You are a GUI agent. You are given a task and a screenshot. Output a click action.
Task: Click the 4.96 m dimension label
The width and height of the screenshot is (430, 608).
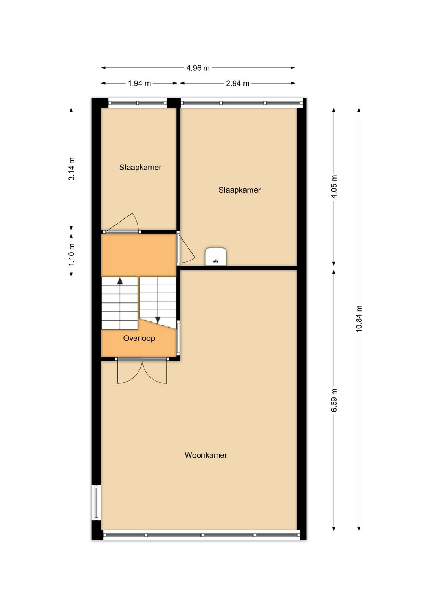pyautogui.click(x=198, y=68)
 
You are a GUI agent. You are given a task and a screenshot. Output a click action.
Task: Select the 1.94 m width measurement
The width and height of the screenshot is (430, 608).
pyautogui.click(x=139, y=83)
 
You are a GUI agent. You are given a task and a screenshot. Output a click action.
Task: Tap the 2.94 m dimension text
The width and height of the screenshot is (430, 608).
pyautogui.click(x=238, y=83)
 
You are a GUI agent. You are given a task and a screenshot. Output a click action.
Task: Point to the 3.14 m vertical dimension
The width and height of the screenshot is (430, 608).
pyautogui.click(x=71, y=169)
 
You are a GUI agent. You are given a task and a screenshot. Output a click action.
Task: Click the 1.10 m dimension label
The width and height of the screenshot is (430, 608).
pyautogui.click(x=71, y=255)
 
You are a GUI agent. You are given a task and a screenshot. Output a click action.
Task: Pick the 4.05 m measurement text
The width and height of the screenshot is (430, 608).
pyautogui.click(x=334, y=187)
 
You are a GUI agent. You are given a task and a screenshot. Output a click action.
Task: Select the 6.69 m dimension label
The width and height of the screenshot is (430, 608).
pyautogui.click(x=334, y=401)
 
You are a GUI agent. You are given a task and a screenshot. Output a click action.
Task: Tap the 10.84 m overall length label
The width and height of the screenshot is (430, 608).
pyautogui.click(x=359, y=319)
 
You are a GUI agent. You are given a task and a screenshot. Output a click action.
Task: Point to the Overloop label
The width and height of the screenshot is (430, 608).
pyautogui.click(x=139, y=338)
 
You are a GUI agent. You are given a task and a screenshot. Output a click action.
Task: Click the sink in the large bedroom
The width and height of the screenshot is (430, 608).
pyautogui.click(x=216, y=256)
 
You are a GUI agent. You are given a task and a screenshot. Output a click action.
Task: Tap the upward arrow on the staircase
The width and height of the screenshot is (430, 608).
pyautogui.click(x=120, y=281)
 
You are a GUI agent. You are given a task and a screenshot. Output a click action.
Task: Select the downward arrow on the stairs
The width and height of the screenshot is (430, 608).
pyautogui.click(x=158, y=321)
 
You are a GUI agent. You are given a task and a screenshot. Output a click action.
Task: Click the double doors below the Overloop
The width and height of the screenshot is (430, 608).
pyautogui.click(x=142, y=371)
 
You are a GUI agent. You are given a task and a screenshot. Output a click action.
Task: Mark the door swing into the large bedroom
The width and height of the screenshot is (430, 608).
pyautogui.click(x=186, y=249)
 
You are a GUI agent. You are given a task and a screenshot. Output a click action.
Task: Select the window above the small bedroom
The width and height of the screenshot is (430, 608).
pyautogui.click(x=138, y=103)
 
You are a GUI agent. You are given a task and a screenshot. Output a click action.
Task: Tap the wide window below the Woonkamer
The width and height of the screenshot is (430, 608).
pyautogui.click(x=202, y=535)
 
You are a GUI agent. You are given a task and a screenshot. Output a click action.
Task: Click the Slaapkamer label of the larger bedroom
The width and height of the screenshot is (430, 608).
pyautogui.click(x=240, y=190)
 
